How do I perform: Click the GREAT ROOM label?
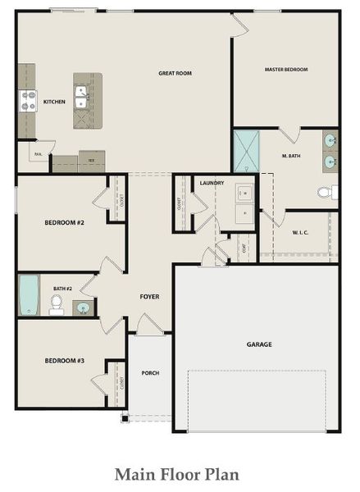point(175,73)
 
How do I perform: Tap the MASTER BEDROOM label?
point(286,70)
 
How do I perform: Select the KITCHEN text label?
point(54,102)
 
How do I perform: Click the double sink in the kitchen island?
point(82,101)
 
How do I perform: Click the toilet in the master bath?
point(326,193)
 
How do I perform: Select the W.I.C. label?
point(300,232)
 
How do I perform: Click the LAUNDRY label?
point(212,182)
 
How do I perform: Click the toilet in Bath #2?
point(57,304)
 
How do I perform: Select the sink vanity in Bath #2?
point(83,308)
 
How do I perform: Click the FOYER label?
point(149,296)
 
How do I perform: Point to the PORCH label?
point(150,373)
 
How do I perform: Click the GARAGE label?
point(259,344)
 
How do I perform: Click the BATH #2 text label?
point(63,289)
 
